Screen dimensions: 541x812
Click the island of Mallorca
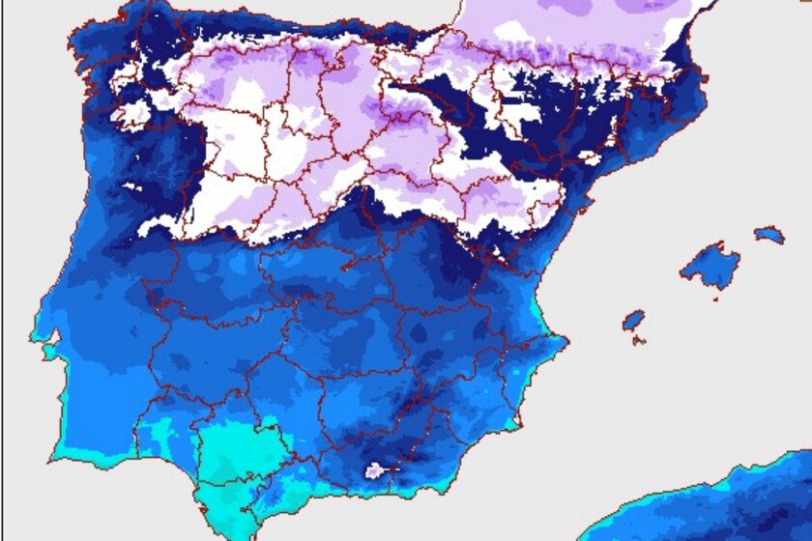710,264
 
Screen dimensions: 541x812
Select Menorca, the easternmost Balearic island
769,234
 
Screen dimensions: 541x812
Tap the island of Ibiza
633,319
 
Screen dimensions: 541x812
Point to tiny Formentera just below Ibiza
639,339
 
